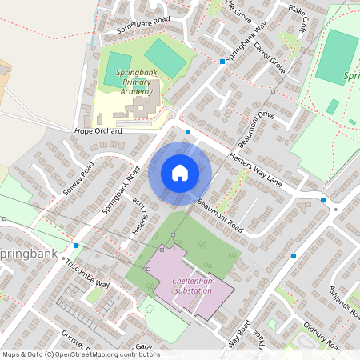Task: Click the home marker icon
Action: click(x=180, y=172)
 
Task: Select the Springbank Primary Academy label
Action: click(x=135, y=82)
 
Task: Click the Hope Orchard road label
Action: click(x=98, y=130)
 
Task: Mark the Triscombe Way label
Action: click(x=88, y=273)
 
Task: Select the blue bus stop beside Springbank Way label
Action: click(x=222, y=61)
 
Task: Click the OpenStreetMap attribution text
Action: click(x=80, y=354)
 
